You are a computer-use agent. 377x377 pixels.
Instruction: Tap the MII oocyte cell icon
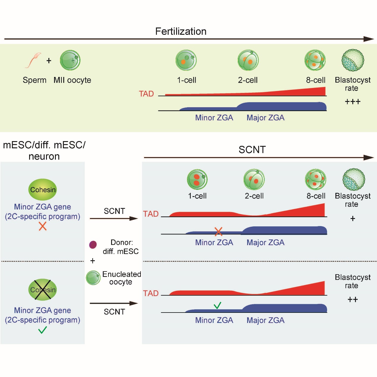tap(70, 60)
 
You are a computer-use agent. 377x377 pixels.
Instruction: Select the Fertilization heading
tap(181, 31)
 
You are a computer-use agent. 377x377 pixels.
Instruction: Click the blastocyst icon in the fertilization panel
tap(353, 60)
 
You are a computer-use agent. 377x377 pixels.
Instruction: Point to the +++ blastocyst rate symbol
tap(353, 102)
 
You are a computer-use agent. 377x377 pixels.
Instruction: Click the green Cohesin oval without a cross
tap(42, 190)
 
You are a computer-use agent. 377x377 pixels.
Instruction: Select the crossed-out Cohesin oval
tap(42, 289)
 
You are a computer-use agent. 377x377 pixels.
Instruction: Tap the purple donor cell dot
tap(93, 245)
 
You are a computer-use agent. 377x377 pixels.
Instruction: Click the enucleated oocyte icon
tap(93, 278)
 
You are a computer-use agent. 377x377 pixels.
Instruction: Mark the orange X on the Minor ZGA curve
tap(218, 231)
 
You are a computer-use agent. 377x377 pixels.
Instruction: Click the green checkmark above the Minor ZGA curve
tap(217, 305)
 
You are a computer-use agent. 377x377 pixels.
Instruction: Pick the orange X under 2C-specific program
tap(42, 226)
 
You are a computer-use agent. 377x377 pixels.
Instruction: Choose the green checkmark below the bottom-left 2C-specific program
tap(42, 330)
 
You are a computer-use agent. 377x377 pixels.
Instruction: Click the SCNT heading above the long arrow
tap(252, 149)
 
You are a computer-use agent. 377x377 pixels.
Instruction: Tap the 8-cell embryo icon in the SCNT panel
tap(316, 179)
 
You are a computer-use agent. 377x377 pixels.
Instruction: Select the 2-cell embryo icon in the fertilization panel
tap(248, 60)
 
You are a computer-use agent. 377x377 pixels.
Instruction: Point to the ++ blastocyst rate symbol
tap(353, 299)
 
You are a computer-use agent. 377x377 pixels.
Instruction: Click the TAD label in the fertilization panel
tap(146, 94)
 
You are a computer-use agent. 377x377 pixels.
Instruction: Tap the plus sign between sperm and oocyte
tap(49, 61)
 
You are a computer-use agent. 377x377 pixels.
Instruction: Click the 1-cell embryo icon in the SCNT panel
tap(197, 179)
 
